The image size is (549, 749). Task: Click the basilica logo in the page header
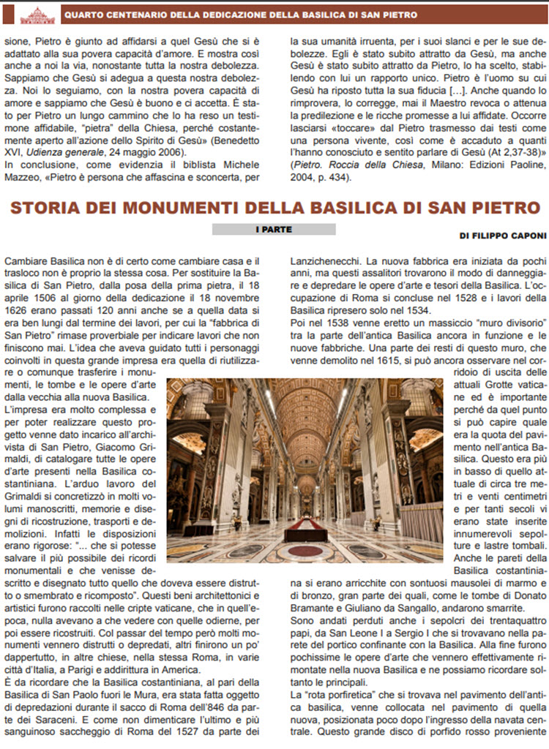(x=37, y=15)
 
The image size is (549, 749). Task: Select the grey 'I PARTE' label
(x=273, y=230)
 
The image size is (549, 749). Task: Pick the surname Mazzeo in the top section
(x=22, y=178)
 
